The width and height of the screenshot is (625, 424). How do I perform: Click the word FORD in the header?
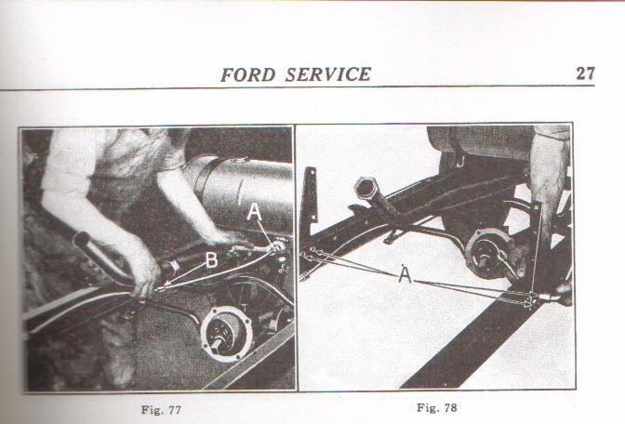coord(248,74)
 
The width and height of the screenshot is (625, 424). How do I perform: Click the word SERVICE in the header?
coord(328,74)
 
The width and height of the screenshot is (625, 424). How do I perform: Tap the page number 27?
coord(585,73)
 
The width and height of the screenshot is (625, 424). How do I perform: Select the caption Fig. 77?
coord(161,410)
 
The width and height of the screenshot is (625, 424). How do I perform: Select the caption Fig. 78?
coord(437,407)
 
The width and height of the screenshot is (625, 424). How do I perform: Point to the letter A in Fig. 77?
coord(254,212)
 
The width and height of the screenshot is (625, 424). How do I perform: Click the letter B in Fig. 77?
coord(212,259)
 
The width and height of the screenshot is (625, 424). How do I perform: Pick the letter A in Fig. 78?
coord(405,274)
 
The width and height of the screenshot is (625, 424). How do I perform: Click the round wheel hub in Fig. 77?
coord(226,333)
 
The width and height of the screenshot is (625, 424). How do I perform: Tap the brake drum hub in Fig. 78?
coord(489,253)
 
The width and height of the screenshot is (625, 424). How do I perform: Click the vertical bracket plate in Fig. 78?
coord(310,195)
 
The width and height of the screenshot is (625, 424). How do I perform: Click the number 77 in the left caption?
coord(173,410)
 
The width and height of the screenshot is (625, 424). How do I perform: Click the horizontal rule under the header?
coord(297,87)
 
